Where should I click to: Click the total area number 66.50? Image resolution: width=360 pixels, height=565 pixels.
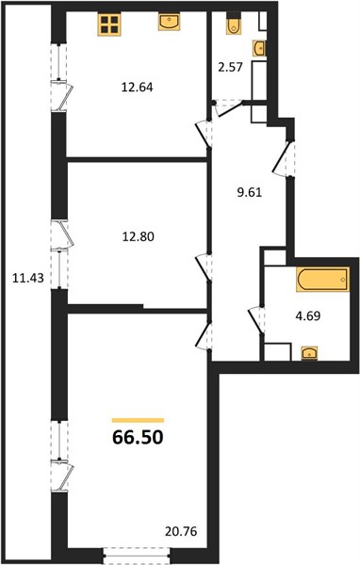point(139,437)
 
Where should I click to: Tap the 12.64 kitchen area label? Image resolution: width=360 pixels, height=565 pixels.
point(137,88)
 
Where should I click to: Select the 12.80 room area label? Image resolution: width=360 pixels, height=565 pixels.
point(139,236)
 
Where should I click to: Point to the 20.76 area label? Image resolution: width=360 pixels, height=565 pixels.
point(181,531)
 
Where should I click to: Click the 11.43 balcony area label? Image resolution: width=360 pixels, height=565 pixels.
point(28,278)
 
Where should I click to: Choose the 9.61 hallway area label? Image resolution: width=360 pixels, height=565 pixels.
point(249,192)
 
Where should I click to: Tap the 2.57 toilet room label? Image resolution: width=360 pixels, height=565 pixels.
point(230,68)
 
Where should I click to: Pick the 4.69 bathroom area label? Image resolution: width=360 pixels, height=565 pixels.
point(308,316)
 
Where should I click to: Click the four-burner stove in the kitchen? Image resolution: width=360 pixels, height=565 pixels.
point(109,24)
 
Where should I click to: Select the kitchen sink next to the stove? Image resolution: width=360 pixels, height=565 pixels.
point(170,22)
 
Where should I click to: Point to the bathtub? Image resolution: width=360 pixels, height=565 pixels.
point(323,280)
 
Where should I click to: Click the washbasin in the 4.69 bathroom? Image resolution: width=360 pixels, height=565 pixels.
point(309,353)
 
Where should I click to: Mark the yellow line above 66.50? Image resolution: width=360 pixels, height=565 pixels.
point(139,420)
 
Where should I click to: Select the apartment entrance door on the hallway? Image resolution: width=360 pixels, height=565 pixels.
point(284,158)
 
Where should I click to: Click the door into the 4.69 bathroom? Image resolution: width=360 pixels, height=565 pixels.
point(257,320)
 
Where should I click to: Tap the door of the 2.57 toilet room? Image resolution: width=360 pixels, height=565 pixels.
point(229,107)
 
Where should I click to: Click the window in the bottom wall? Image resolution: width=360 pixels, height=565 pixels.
point(137,556)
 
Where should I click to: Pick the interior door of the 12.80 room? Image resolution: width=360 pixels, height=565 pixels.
point(204,267)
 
